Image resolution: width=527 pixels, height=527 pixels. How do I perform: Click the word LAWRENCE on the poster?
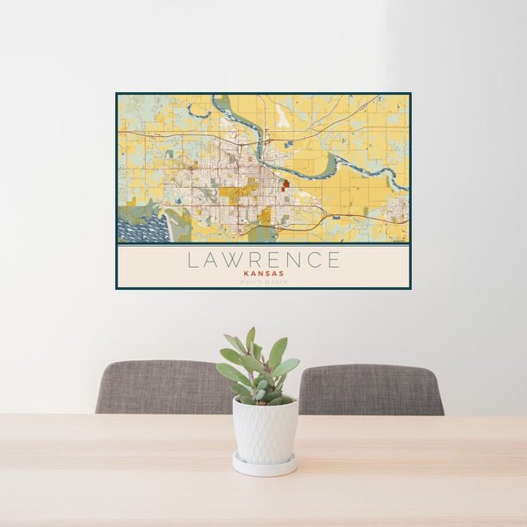[263, 260]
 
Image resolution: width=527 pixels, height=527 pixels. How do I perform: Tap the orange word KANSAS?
[263, 273]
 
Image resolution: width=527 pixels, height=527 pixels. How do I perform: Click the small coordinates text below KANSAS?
[263, 281]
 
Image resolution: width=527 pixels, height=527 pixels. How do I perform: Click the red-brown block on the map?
[285, 184]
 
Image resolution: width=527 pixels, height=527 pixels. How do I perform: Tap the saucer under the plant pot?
[264, 465]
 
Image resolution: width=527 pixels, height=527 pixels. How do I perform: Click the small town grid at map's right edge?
[397, 208]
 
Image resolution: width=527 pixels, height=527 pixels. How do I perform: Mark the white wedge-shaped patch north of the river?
[283, 114]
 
